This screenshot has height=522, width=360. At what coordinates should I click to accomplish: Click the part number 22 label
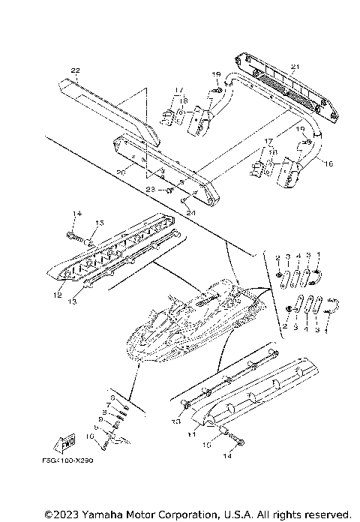[74, 70]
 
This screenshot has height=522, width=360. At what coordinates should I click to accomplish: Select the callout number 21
[295, 67]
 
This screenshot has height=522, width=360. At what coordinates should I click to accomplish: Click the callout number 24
[190, 212]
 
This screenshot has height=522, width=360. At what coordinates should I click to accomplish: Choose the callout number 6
[113, 397]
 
